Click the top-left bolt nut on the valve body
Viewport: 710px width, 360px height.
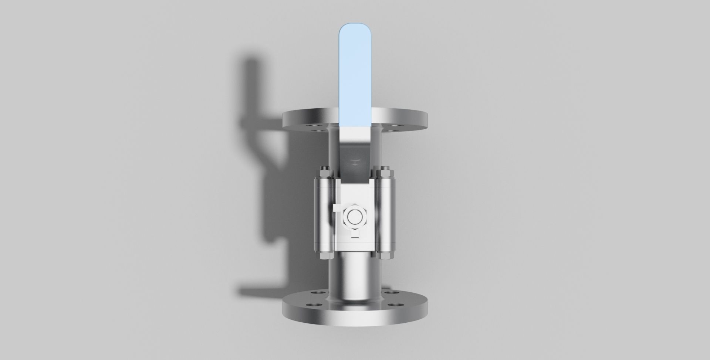pos(325,171)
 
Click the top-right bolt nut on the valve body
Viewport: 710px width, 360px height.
pos(385,171)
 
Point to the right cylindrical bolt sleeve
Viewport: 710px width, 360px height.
pos(386,214)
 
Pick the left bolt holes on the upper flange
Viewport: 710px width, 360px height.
pos(312,128)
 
